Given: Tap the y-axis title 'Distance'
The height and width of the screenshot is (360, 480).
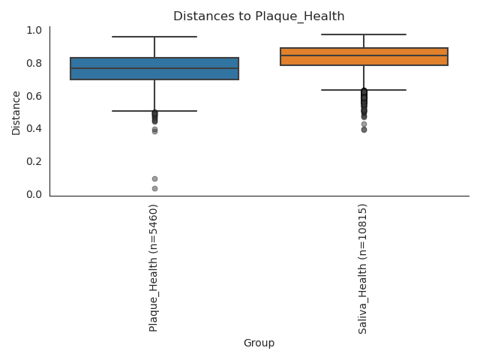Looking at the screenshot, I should point(16,112).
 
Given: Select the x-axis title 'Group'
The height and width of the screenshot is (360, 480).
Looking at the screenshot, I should point(259,343).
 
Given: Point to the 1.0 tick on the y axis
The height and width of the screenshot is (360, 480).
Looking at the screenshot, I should point(34,30).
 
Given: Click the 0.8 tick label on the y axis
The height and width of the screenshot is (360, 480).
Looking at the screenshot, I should point(34,63).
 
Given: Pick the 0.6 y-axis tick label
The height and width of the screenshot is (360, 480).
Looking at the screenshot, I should point(34,96).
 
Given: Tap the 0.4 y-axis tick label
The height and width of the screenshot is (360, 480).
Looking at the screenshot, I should point(34,129).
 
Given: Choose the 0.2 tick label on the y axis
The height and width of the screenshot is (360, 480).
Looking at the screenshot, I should point(34,161).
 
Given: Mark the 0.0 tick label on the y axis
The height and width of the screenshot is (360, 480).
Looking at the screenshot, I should point(34,194).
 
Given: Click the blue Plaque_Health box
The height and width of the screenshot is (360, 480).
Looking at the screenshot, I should point(154,68).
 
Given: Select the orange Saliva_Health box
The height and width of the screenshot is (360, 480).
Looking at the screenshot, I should point(364,56).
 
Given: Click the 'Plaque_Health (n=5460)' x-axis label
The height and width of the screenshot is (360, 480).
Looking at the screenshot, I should point(154,268).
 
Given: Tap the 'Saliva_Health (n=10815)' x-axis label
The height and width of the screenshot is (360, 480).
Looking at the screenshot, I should point(363,268).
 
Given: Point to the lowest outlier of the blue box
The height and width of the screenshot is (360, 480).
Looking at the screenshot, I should point(154,188).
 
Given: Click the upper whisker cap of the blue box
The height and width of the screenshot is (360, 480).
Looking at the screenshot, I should point(154,37).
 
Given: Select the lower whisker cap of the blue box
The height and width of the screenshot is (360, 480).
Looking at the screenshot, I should point(154,111).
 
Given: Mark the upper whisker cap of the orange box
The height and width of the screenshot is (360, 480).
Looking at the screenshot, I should point(364,34).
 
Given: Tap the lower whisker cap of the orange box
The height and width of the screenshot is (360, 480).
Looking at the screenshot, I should point(364,90).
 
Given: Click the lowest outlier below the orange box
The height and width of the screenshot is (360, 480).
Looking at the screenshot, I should point(364,130).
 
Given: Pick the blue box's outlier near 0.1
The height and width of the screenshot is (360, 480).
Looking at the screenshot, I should point(154,178).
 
